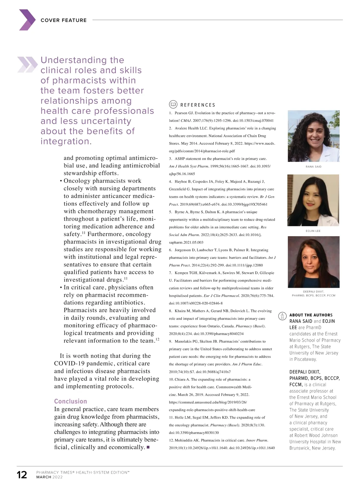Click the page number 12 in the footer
[22, 475]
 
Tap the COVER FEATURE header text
[64, 20]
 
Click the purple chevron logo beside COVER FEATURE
[27, 20]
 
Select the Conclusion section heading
[70, 401]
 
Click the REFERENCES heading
[198, 105]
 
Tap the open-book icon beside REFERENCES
[173, 104]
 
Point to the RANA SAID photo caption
[313, 167]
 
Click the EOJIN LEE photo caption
[313, 231]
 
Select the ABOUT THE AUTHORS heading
[311, 315]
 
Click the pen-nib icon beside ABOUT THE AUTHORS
[282, 316]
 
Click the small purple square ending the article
[148, 448]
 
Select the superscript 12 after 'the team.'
[157, 339]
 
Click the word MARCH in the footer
[44, 477]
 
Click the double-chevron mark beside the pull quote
[27, 64]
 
